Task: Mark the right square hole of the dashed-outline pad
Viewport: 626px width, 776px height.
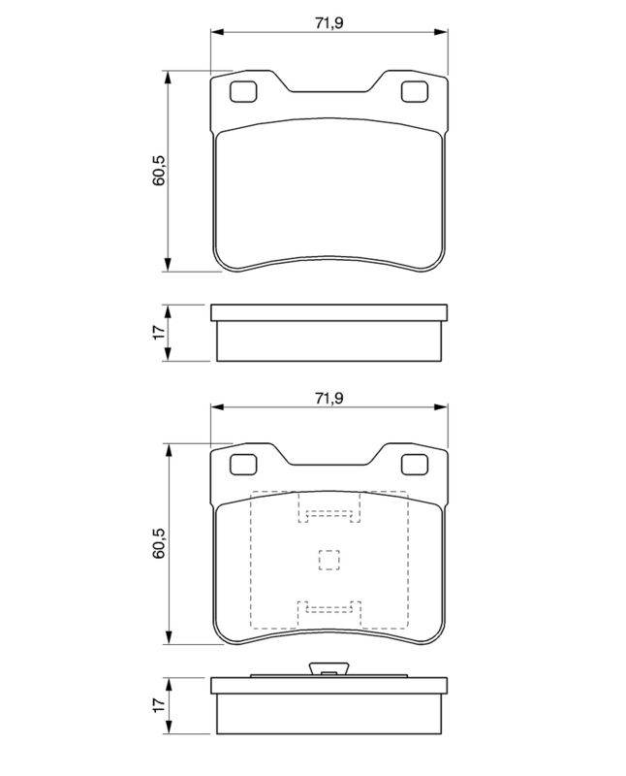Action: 415,466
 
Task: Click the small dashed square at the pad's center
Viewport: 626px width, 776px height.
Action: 329,561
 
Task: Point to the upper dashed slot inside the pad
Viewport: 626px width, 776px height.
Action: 329,514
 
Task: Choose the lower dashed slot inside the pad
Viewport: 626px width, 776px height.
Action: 329,610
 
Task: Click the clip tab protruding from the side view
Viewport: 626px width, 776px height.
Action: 329,669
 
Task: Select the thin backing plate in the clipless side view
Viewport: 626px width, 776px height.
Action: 329,312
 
